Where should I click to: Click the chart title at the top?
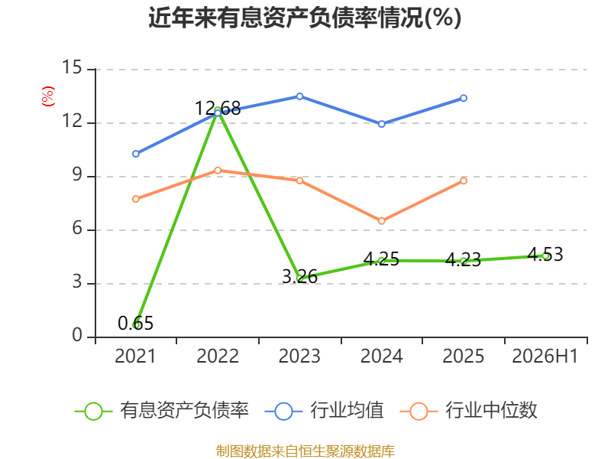pyautogui.click(x=305, y=18)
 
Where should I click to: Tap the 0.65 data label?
pyautogui.click(x=136, y=323)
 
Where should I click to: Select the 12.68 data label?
pyautogui.click(x=218, y=108)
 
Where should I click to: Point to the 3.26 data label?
pyautogui.click(x=299, y=277)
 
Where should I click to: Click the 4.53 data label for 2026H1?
pyautogui.click(x=545, y=255)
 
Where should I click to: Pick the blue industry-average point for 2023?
pyautogui.click(x=299, y=96)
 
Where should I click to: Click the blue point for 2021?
pyautogui.click(x=136, y=154)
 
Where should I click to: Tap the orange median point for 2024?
pyautogui.click(x=381, y=221)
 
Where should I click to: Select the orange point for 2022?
pyautogui.click(x=218, y=171)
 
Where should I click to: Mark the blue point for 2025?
pyautogui.click(x=464, y=98)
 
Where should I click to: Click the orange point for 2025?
pyautogui.click(x=464, y=181)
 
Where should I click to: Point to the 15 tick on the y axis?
pyautogui.click(x=72, y=67)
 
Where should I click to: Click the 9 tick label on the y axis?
pyautogui.click(x=77, y=174)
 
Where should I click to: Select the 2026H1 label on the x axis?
pyautogui.click(x=545, y=356)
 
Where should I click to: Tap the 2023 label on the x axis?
pyautogui.click(x=299, y=356)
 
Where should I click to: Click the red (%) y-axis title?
pyautogui.click(x=48, y=96)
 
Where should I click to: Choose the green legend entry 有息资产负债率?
pyautogui.click(x=162, y=411)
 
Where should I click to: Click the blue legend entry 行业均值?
pyautogui.click(x=324, y=411)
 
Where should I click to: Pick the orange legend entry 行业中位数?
pyautogui.click(x=469, y=411)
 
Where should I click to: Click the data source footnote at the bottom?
pyautogui.click(x=305, y=451)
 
